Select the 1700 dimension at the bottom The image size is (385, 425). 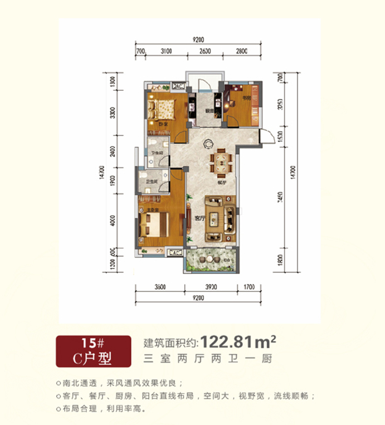pos(248,287)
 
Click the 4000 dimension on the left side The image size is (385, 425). pos(113,219)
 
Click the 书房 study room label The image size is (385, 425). pos(246,99)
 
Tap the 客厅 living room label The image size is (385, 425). pos(199,218)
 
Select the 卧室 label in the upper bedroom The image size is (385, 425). pos(163,124)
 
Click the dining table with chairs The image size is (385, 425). pos(222,164)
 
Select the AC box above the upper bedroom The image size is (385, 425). pos(179,86)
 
